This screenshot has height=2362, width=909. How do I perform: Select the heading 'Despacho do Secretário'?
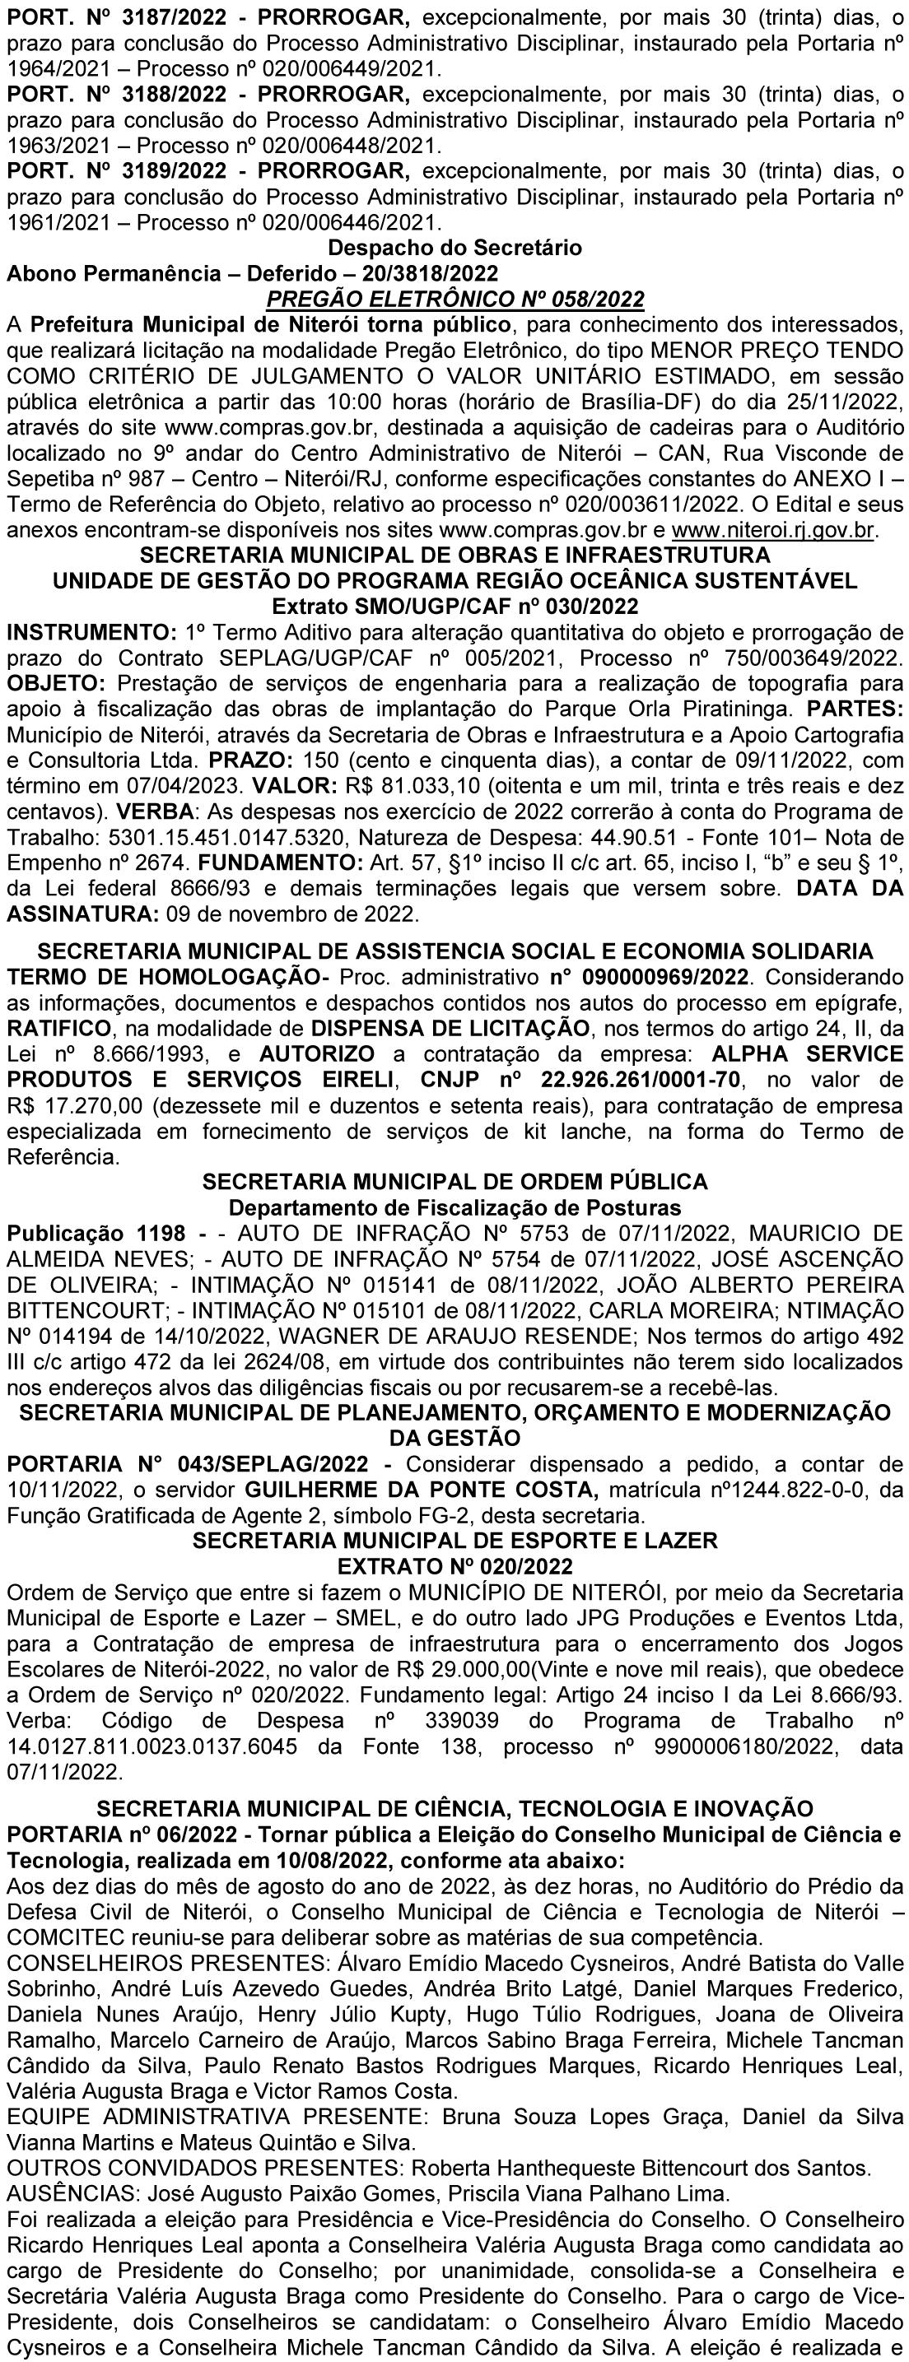click(x=454, y=248)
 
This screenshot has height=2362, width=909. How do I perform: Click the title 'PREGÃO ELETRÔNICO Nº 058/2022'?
click(x=454, y=299)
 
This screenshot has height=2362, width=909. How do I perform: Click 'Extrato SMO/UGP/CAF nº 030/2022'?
click(x=454, y=606)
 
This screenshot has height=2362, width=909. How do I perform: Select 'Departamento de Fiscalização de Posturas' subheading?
click(x=454, y=1207)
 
